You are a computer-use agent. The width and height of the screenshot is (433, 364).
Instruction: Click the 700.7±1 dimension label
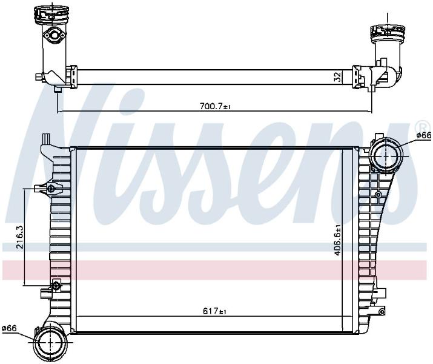tap(215, 107)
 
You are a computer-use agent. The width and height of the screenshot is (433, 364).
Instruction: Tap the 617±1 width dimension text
tap(214, 311)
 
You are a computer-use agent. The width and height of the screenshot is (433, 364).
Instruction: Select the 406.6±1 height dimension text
tap(337, 240)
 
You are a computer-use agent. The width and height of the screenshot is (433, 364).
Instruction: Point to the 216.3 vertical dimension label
tap(20, 237)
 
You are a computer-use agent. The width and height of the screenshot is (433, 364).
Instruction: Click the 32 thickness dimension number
tap(337, 77)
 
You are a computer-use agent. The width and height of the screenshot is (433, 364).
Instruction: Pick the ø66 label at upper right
tap(423, 135)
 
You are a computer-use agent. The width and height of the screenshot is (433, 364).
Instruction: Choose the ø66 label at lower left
tap(9, 328)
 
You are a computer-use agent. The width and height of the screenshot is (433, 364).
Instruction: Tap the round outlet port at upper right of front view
tap(386, 156)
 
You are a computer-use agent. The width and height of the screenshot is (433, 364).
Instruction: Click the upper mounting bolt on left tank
tap(51, 189)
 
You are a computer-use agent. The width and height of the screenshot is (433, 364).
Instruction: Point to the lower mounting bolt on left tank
tap(56, 286)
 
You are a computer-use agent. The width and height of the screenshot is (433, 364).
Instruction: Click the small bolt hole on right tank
tap(378, 195)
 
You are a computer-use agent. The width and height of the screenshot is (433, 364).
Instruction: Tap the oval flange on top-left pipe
tap(54, 35)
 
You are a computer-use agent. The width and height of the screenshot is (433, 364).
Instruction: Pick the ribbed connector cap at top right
tap(388, 33)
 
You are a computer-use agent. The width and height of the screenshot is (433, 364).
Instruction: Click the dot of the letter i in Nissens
tap(130, 101)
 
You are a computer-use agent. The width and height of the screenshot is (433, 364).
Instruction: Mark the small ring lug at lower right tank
tap(382, 312)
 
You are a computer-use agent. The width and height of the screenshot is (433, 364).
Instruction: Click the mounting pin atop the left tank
tap(46, 138)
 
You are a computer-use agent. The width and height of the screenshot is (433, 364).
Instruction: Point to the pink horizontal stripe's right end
tap(426, 270)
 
